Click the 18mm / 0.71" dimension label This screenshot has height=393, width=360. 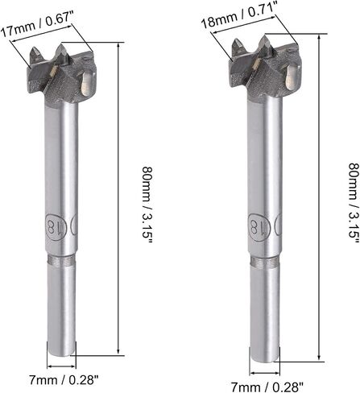point(239,14)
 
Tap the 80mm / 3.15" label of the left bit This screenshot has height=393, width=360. point(147,205)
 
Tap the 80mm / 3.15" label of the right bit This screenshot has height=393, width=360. point(354,203)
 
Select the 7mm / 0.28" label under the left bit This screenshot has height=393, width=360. point(64,380)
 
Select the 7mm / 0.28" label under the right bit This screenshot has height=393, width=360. point(267,387)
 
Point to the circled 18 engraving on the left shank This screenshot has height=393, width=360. point(54,223)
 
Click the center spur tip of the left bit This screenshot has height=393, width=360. point(60,45)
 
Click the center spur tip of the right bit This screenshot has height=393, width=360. point(265,36)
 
